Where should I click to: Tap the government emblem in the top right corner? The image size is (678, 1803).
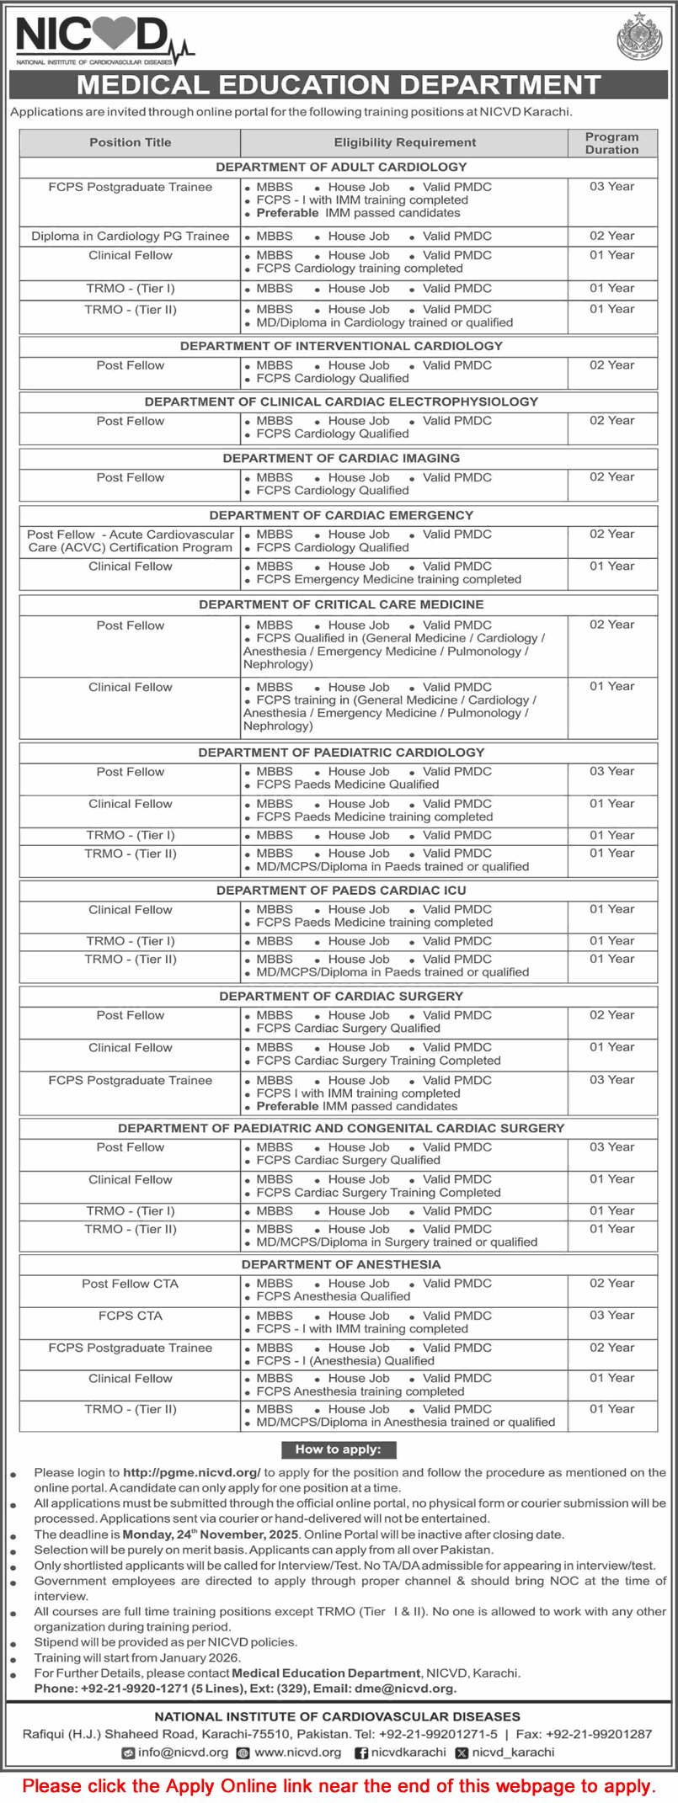pyautogui.click(x=639, y=39)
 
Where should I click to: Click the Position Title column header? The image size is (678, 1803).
pyautogui.click(x=131, y=142)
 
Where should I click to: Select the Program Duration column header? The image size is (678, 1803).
pyautogui.click(x=611, y=143)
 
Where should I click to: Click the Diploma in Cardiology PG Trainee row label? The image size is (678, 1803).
pyautogui.click(x=131, y=236)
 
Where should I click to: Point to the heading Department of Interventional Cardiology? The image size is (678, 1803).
pyautogui.click(x=341, y=346)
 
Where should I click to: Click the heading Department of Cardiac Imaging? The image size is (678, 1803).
pyautogui.click(x=341, y=458)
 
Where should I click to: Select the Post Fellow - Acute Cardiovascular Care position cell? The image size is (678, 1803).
pyautogui.click(x=131, y=540)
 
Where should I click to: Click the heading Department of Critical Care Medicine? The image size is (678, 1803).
pyautogui.click(x=341, y=604)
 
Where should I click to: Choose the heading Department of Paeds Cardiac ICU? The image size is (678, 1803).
pyautogui.click(x=341, y=890)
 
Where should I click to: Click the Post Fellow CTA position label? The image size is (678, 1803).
pyautogui.click(x=131, y=1284)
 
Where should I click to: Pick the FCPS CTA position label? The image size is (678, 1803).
pyautogui.click(x=131, y=1316)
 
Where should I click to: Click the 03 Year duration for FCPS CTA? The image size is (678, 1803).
pyautogui.click(x=611, y=1315)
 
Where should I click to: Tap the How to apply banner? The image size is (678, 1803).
pyautogui.click(x=338, y=1449)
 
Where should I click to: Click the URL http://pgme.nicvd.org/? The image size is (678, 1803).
pyautogui.click(x=191, y=1473)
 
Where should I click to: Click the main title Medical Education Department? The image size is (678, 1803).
pyautogui.click(x=339, y=85)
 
